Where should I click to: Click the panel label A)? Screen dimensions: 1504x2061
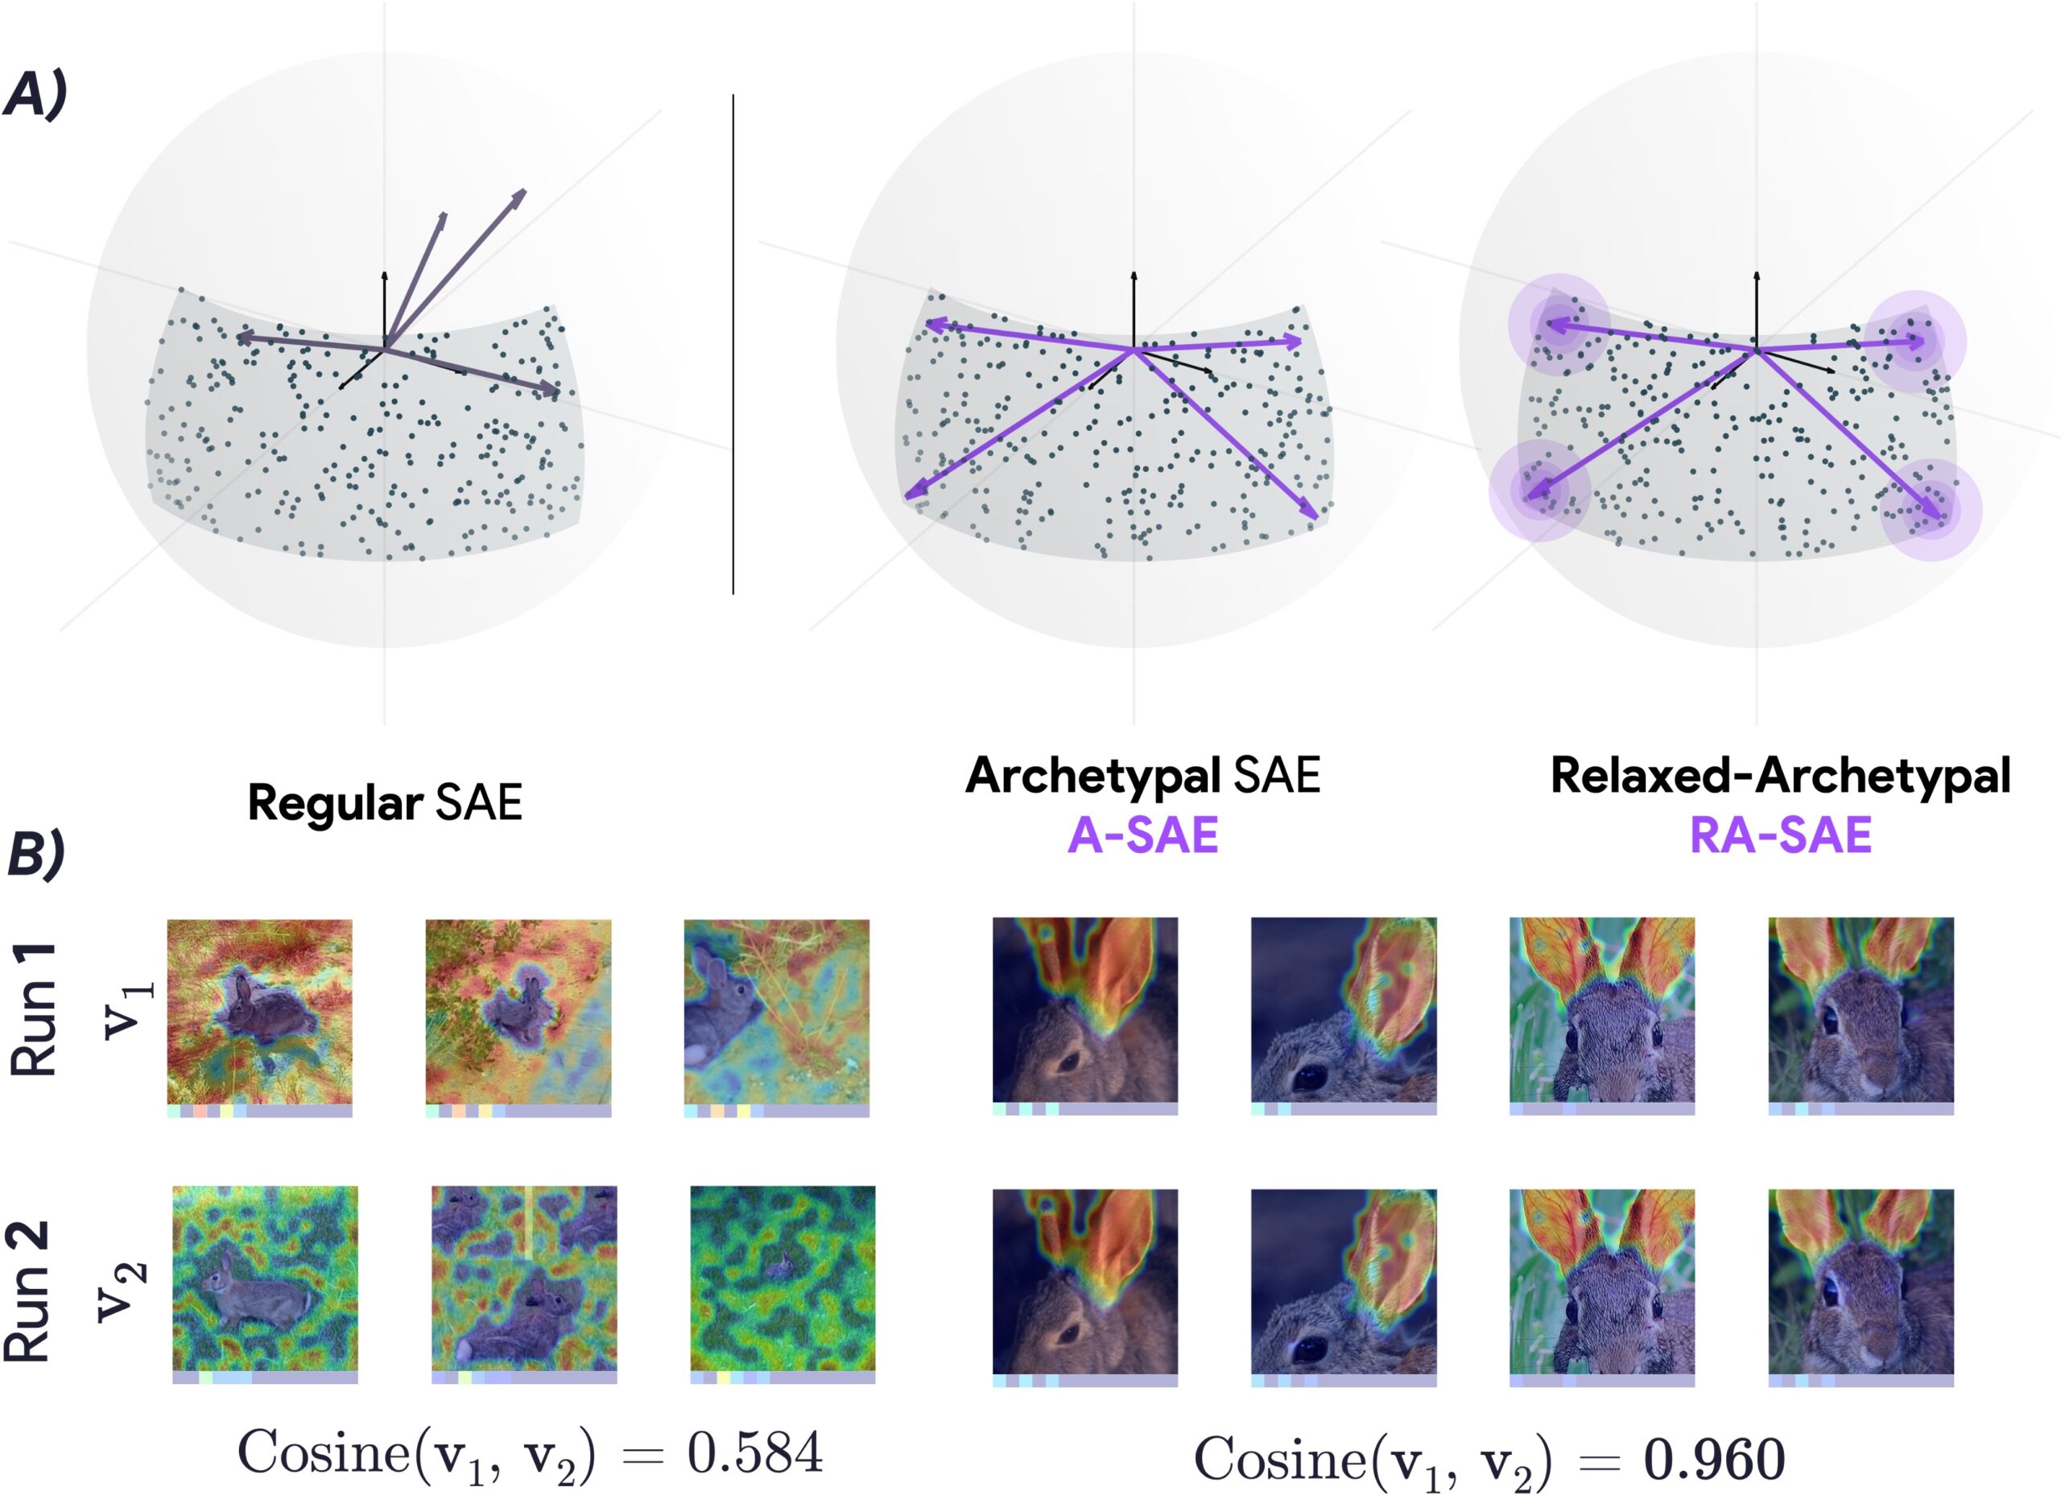tap(35, 95)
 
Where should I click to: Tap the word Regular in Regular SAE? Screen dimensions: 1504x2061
tap(335, 803)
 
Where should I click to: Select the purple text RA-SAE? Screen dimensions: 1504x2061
tap(1780, 835)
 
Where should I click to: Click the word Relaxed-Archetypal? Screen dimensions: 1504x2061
tap(1780, 776)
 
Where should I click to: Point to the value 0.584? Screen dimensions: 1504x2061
tap(754, 1452)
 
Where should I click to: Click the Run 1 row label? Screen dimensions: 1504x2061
tap(34, 1009)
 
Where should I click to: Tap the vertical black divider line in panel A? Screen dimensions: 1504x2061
tap(733, 346)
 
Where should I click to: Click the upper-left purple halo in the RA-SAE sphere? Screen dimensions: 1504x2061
tap(1558, 323)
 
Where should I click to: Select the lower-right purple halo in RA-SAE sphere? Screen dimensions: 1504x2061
tap(1931, 511)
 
